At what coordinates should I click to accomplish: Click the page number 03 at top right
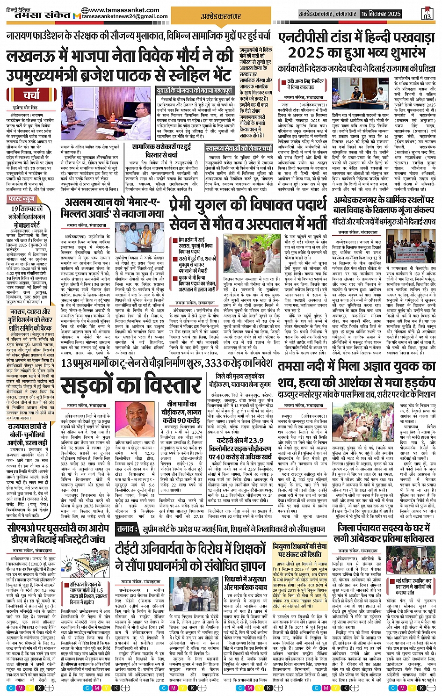click(427, 14)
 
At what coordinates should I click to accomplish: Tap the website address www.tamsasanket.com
click(120, 10)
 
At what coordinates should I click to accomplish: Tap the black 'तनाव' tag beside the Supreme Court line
click(125, 530)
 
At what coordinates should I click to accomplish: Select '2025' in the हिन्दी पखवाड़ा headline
click(306, 53)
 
